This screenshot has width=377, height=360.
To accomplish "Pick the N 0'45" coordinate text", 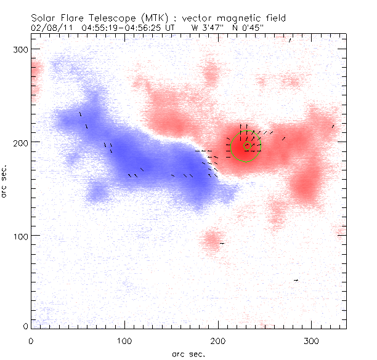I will (x=252, y=27).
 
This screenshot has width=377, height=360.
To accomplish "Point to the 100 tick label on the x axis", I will (x=124, y=340).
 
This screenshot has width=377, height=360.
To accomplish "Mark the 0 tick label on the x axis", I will (x=31, y=340).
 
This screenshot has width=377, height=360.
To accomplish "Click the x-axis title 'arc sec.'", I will (x=188, y=353).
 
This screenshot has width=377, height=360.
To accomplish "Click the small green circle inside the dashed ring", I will (x=247, y=146).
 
